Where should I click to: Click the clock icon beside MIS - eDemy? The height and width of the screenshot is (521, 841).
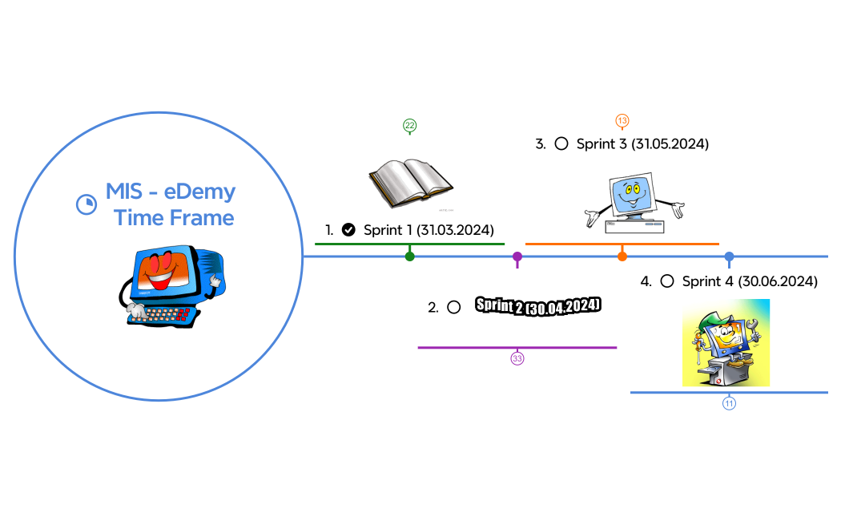pos(86,204)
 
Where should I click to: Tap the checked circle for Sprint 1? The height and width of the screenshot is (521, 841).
pos(348,230)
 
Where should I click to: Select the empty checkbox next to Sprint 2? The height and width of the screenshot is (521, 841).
pos(454,307)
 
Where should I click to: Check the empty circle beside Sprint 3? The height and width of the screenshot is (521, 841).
pos(561,143)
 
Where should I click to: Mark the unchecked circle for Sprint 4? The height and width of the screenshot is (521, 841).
pos(667,281)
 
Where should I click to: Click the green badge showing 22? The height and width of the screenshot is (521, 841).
pos(410,126)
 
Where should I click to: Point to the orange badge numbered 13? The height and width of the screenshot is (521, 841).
pos(622,120)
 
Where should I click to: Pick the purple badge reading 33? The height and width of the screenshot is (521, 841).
pos(517,358)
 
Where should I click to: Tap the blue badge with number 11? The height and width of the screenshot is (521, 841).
pos(729,403)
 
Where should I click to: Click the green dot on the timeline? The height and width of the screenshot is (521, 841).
pos(410,256)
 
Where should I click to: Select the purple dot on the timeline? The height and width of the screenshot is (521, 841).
pos(517,256)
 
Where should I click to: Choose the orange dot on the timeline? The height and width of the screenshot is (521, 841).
pos(622,256)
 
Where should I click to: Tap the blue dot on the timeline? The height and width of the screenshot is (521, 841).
pos(729,256)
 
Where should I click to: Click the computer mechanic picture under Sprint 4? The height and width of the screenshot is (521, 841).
pos(726,342)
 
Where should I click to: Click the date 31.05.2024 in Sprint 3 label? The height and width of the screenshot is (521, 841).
pos(670,144)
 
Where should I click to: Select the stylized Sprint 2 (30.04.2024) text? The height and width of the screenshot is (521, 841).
pos(537,306)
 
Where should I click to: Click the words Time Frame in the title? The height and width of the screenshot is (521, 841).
pos(174,218)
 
